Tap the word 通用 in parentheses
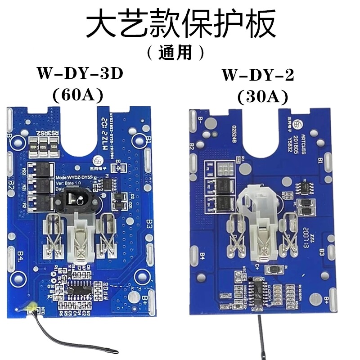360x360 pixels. tap(175, 53)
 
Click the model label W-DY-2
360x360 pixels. tap(257, 75)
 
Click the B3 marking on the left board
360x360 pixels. tap(150, 222)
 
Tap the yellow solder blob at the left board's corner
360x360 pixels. tap(31, 307)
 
